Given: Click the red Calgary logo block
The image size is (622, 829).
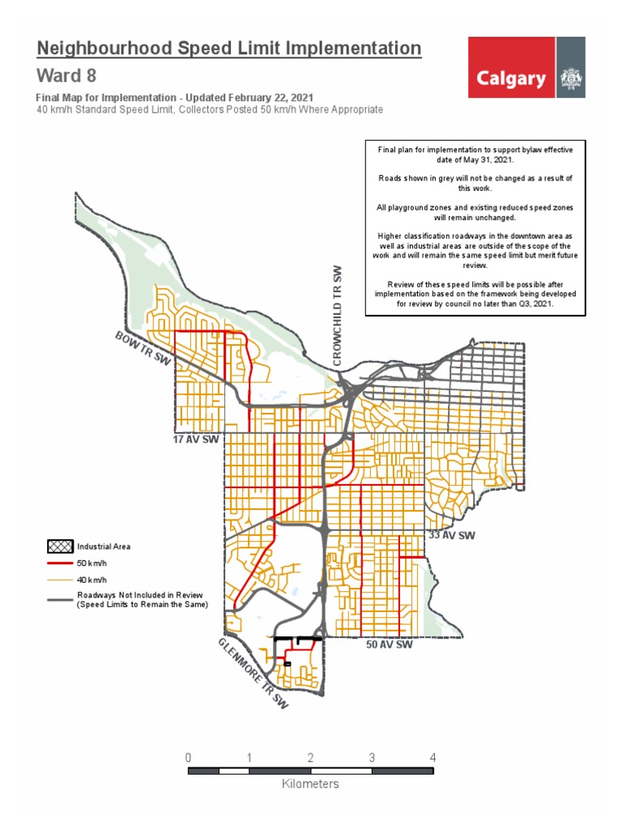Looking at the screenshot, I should pos(511,79).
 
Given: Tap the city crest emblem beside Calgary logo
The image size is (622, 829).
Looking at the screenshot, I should pos(572,79).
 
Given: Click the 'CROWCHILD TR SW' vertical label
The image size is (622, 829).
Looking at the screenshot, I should pos(339,314).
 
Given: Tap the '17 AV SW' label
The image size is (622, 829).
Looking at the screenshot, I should pos(196,440).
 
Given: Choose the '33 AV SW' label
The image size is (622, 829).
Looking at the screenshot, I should pos(452,535).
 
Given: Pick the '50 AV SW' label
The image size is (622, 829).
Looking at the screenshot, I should pos(390,645).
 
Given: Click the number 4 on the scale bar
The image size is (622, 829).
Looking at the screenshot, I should pos(433,758).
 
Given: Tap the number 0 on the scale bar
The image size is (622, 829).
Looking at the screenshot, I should pos(188,758).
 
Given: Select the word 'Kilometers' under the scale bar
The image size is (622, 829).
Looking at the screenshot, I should pos(310,784).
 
